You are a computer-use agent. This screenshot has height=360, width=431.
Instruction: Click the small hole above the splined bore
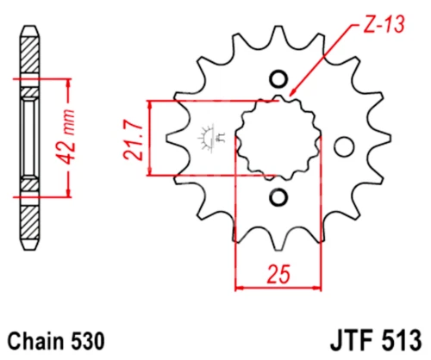[x=278, y=79]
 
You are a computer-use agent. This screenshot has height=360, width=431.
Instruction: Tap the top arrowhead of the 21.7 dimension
[x=151, y=104]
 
